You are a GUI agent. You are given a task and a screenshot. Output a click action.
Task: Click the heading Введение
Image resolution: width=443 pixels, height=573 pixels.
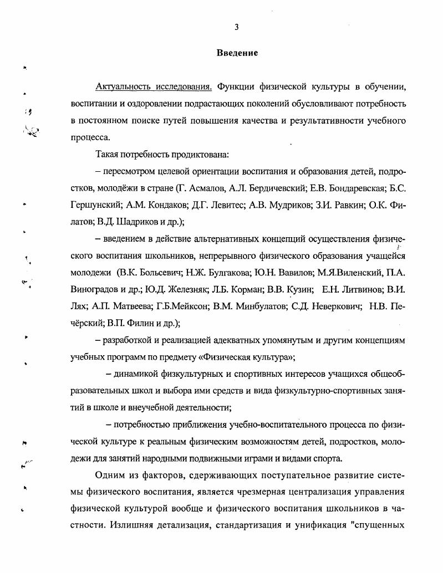click(x=237, y=53)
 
